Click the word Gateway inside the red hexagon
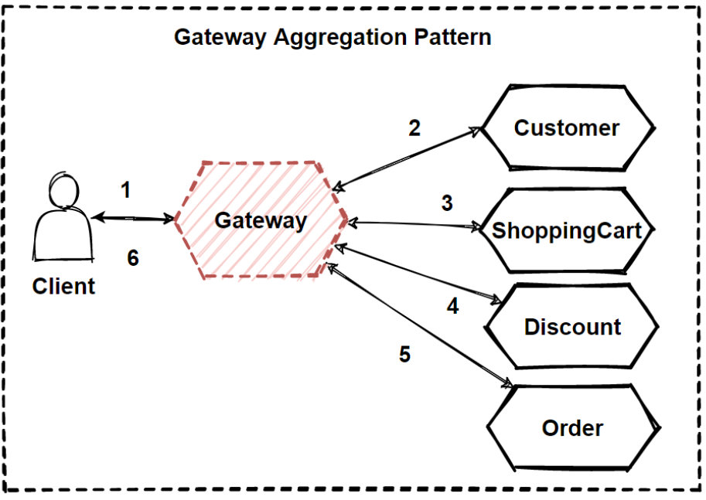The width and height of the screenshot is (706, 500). coord(261,220)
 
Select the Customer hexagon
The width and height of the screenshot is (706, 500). coord(568,128)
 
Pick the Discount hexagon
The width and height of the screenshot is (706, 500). coord(571,326)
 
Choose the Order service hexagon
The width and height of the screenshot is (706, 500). coord(573,427)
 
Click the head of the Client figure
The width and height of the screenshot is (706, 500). coord(64,190)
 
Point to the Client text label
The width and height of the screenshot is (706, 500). coord(63,286)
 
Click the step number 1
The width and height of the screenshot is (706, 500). coord(126,189)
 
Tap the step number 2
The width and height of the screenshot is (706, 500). coord(414,128)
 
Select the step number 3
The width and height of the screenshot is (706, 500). coord(447,203)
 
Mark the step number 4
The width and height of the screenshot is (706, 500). coord(453,306)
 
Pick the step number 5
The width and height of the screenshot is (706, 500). coord(404,354)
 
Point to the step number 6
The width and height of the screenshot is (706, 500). coord(133,258)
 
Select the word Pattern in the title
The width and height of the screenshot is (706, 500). coord(452,36)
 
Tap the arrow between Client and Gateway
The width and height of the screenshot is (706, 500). coord(133,219)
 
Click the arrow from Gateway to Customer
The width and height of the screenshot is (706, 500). coord(408,158)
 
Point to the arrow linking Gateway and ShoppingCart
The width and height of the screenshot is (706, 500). coord(414,224)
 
